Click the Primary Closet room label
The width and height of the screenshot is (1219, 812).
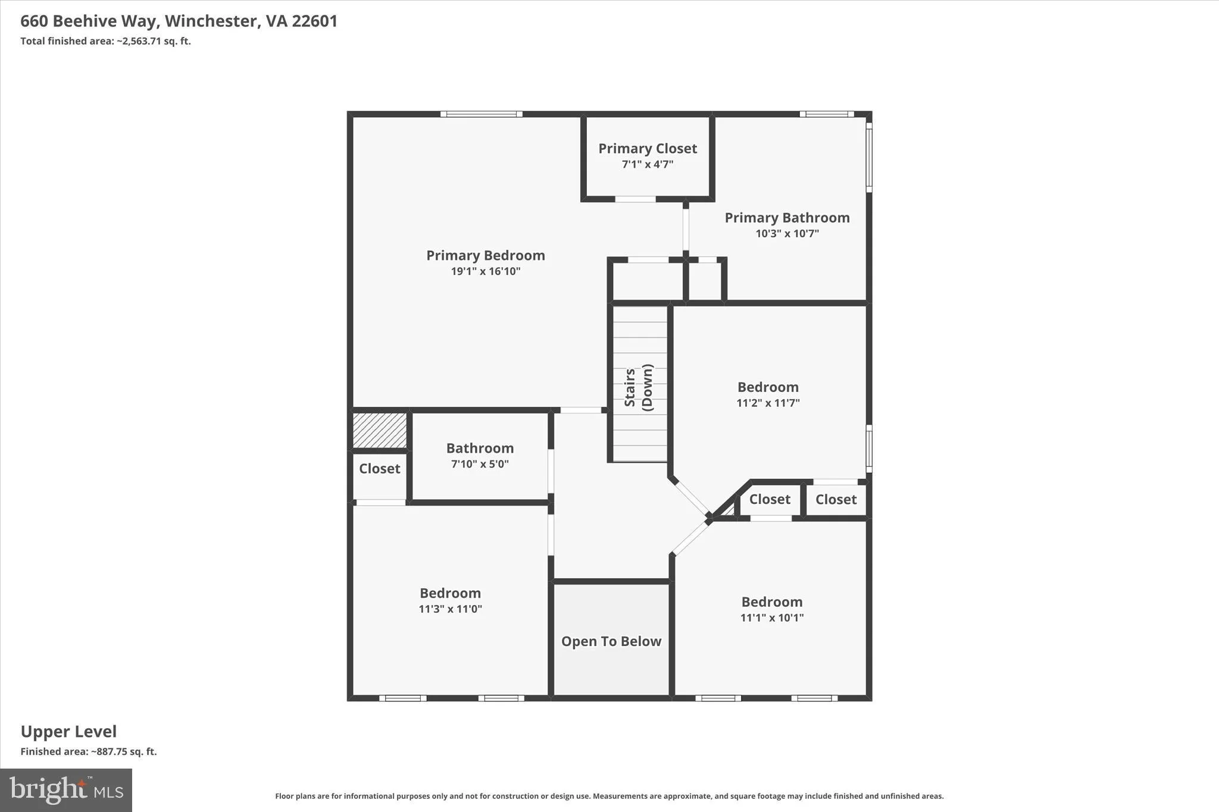point(648,149)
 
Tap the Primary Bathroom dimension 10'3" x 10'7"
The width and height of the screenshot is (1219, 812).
point(787,234)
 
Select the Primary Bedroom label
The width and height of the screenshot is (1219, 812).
point(486,256)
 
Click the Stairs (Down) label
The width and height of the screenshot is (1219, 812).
point(639,387)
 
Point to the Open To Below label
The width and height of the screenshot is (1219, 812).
point(611,641)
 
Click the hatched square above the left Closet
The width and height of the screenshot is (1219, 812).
point(380,431)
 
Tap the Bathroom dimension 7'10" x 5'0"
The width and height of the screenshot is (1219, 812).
point(480,464)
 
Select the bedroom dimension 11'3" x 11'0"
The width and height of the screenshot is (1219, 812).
point(450,609)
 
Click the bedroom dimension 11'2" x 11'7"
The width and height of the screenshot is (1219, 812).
point(768,403)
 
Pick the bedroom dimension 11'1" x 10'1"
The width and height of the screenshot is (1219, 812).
point(772,617)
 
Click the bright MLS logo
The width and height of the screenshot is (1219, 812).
point(66,790)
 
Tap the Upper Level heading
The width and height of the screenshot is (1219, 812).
point(68,732)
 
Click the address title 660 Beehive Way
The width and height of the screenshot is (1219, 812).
point(89,21)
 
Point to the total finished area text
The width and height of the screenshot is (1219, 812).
point(105,41)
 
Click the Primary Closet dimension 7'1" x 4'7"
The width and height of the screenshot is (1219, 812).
point(648,165)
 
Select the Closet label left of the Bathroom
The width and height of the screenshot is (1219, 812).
point(380,469)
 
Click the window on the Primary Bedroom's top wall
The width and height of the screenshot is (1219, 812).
point(482,114)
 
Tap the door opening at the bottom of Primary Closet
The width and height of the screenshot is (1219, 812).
point(635,199)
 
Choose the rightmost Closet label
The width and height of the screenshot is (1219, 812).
point(836,500)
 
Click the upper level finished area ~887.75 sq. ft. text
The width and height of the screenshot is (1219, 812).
point(89,752)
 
